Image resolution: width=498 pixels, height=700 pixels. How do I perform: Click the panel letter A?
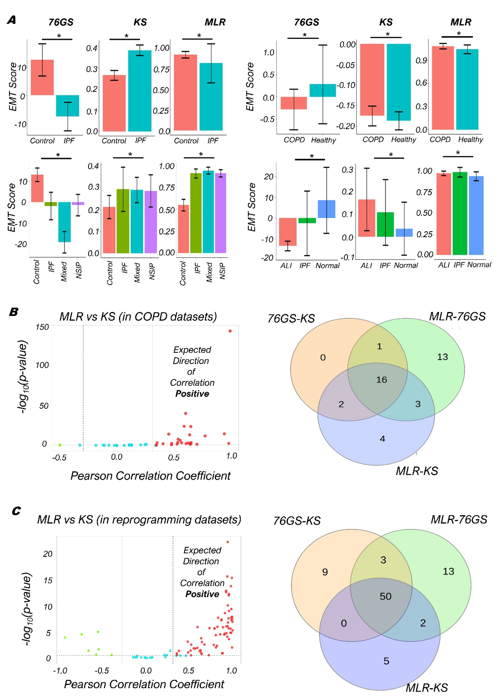12,20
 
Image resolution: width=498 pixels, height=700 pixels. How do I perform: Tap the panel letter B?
13,312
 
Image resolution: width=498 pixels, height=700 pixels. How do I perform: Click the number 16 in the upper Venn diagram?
381,380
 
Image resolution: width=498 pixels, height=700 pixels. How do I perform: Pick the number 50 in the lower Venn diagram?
386,596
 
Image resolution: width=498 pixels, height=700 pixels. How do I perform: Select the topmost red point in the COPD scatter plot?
230,331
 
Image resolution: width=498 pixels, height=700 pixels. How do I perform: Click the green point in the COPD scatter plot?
60,445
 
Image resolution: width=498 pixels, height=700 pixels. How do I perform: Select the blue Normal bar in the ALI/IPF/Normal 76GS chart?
326,209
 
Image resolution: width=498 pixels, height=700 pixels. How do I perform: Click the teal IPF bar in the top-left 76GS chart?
67,106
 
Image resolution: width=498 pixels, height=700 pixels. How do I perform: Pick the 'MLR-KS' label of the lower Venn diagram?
427,688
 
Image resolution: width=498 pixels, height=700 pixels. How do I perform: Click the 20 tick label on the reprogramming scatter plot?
48,554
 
